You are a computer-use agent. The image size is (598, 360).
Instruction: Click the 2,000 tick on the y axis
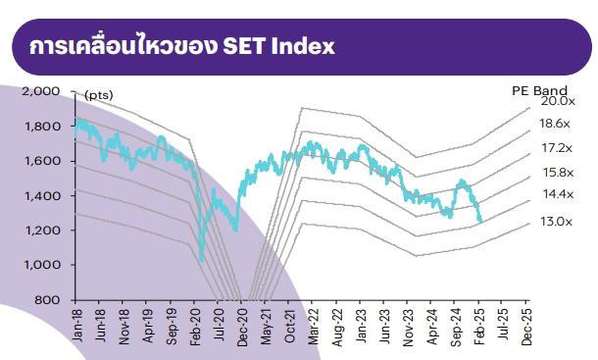coord(46,91)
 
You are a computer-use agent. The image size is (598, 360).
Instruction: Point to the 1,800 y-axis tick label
coord(46,126)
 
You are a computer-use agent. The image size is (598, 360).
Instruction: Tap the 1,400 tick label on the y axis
coord(46,195)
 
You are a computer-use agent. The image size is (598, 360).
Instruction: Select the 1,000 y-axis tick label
coord(46,265)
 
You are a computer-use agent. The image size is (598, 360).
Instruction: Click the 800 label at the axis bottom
coord(52,299)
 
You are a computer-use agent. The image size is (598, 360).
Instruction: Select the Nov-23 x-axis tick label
coord(408,324)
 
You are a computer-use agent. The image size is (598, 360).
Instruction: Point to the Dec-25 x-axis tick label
coord(527,324)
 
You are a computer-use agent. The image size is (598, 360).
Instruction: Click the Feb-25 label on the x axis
coord(479,324)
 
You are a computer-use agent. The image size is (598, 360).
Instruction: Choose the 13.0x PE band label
coord(556,222)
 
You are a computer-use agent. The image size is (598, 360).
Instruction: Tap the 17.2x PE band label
coord(556,148)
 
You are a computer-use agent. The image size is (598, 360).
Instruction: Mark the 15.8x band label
coord(556,173)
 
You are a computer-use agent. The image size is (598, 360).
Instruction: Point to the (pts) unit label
coord(99,94)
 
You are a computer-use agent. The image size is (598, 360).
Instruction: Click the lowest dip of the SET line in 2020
coord(201,260)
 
